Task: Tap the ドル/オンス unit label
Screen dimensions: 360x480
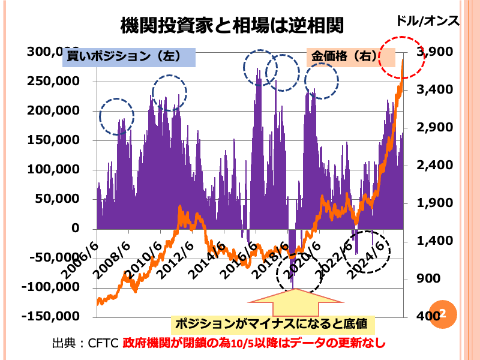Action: (x=427, y=21)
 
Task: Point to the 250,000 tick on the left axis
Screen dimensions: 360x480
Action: (x=54, y=82)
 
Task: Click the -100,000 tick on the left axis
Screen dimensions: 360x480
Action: (x=52, y=287)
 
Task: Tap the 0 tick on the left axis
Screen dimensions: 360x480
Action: (x=74, y=229)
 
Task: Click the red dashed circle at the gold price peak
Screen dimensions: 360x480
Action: (x=403, y=56)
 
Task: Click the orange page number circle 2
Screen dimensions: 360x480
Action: (x=443, y=313)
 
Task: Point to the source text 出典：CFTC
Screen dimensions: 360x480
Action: (x=85, y=344)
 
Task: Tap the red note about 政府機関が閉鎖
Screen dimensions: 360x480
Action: (x=253, y=344)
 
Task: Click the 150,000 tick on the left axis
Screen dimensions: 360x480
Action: (x=54, y=140)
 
